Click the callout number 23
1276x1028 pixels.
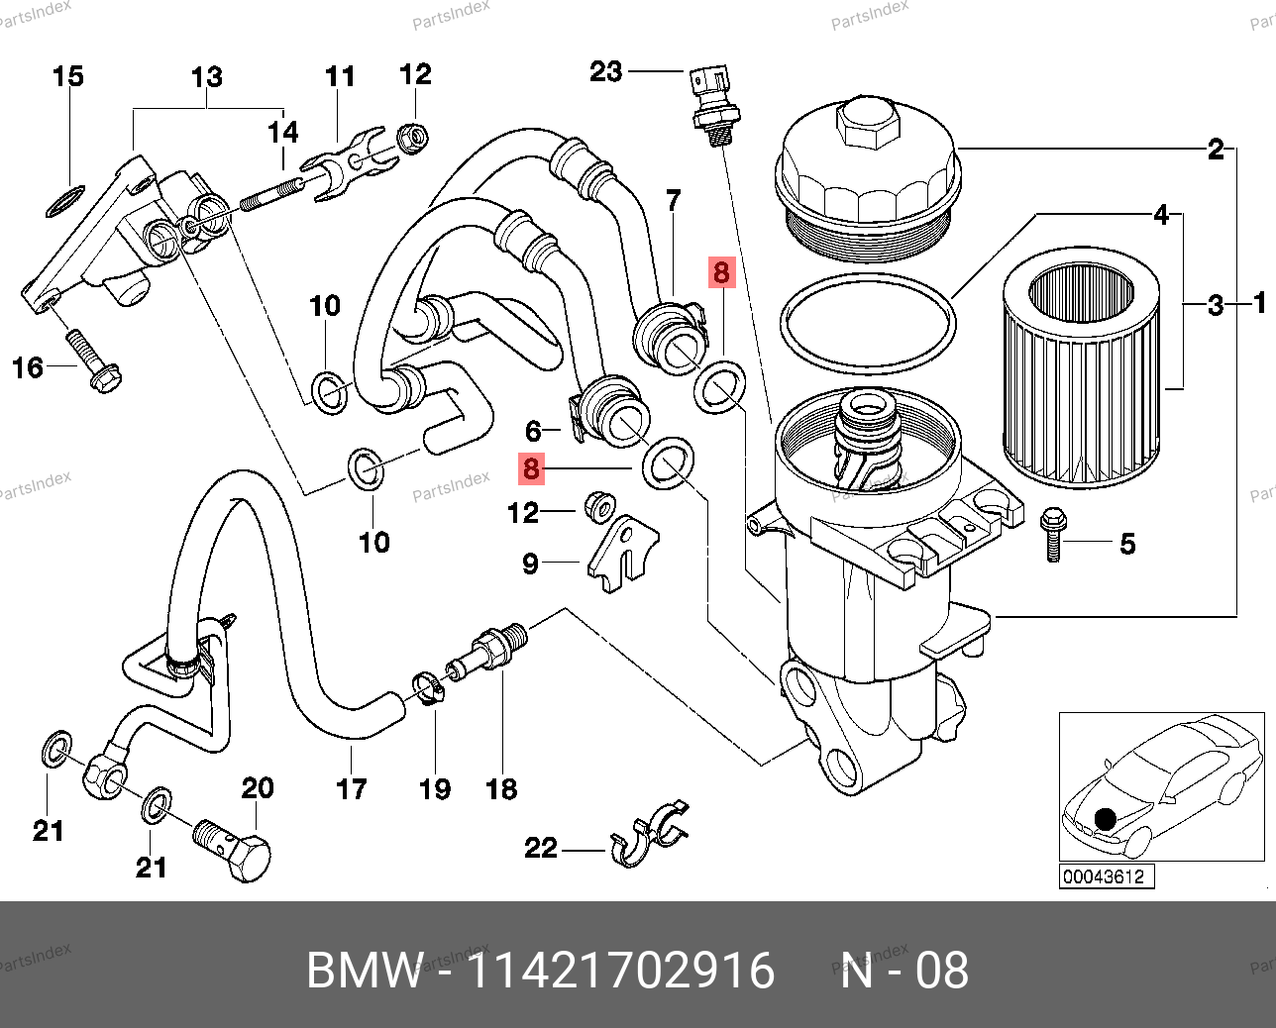(606, 71)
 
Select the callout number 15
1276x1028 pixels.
(67, 76)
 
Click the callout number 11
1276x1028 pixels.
(340, 76)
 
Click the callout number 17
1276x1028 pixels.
(352, 789)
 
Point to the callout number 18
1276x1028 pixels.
(501, 789)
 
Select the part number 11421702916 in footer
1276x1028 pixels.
(619, 971)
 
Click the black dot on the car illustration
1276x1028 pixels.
(1105, 819)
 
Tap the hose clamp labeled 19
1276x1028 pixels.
(429, 686)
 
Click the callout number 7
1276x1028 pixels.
(674, 201)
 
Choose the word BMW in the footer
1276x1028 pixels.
(364, 971)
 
